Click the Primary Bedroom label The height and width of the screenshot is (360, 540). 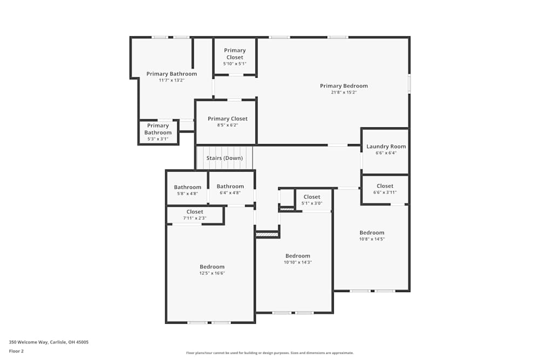pos(343,86)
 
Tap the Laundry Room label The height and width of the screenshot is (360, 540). pos(386,146)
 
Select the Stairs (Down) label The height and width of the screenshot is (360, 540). pos(225,158)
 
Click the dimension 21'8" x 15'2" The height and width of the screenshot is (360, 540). pos(343,92)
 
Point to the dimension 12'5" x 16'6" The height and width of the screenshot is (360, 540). pos(212,273)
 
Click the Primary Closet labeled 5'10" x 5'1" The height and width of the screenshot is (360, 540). pos(234,53)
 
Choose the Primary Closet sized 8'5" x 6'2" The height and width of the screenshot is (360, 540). pos(227,119)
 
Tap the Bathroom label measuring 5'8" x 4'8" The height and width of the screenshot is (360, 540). pos(187,187)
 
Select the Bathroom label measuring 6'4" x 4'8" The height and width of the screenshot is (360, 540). pos(230,186)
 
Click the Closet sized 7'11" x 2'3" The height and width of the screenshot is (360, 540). pos(195,212)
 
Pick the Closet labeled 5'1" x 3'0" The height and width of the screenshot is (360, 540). pos(312,197)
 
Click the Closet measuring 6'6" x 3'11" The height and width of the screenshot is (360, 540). pos(384,186)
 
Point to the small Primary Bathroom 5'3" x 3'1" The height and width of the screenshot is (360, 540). pos(158,129)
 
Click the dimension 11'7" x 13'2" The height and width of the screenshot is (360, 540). pos(171,80)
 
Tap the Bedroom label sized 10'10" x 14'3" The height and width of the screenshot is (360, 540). pos(298,256)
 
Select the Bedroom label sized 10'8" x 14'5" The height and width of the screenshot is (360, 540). pos(372,233)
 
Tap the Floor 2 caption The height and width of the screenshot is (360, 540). pos(16,351)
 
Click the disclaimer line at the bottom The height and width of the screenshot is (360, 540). pos(269,353)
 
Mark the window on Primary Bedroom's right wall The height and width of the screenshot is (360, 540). pos(409,84)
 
